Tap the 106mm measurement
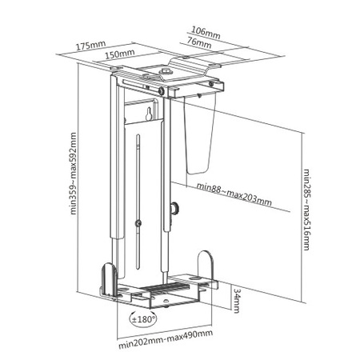pyautogui.click(x=206, y=34)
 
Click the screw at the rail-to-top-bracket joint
pyautogui.click(x=163, y=91)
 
